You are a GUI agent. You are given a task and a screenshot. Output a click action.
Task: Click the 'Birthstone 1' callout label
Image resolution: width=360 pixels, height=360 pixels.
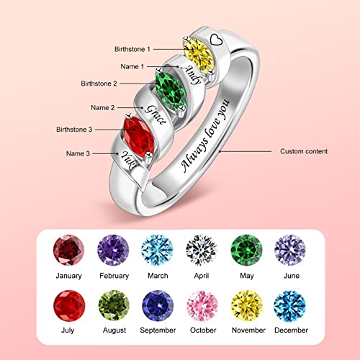pos(132,49)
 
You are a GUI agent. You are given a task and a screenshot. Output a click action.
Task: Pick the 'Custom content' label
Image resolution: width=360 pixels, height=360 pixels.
pos(303,152)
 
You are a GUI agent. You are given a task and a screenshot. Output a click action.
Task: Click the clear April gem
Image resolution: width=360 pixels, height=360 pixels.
pos(200,250)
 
